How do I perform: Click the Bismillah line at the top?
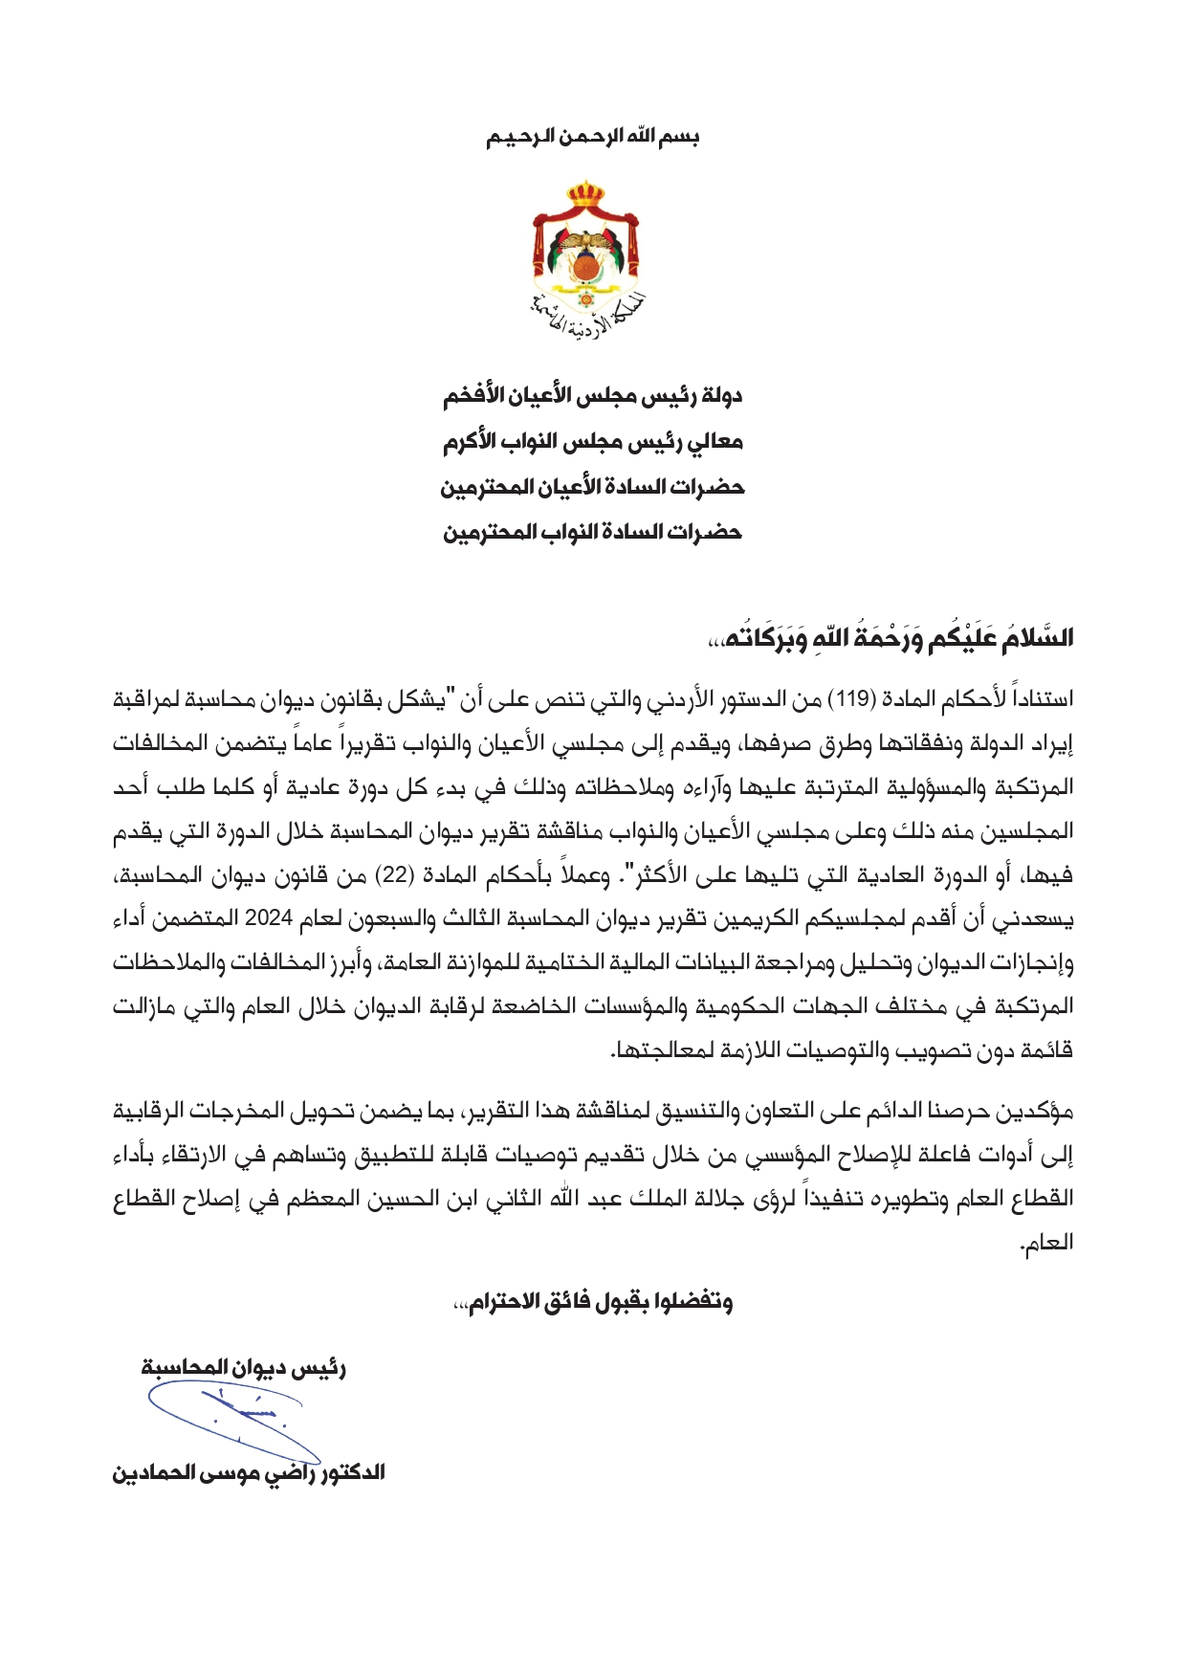[x=592, y=137]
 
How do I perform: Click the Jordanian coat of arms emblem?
[x=586, y=254]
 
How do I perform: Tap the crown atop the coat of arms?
[x=585, y=195]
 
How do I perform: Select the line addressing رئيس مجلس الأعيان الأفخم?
[x=592, y=396]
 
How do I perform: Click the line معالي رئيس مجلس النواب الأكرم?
[x=592, y=442]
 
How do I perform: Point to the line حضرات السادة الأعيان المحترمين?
[x=592, y=488]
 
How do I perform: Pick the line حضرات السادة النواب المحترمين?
[x=592, y=532]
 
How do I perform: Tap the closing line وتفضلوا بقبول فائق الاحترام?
[x=592, y=1303]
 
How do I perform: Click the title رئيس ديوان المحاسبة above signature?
[x=244, y=1368]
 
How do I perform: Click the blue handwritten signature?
[x=230, y=1416]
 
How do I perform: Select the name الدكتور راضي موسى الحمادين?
[x=249, y=1472]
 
